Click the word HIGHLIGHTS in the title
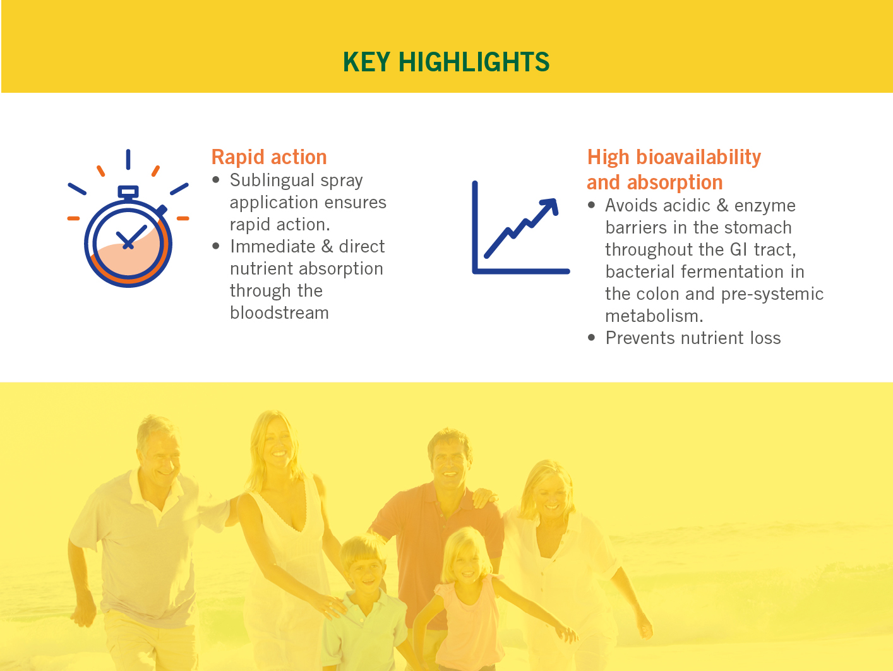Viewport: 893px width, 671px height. pos(474,62)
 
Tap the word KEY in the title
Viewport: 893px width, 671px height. pos(366,62)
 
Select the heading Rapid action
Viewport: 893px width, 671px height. pos(269,157)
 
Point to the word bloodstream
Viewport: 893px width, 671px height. pos(279,312)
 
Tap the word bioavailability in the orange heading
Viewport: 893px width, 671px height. pos(698,157)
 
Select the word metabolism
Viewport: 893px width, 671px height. pos(654,316)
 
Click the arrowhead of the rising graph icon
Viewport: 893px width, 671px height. pos(550,205)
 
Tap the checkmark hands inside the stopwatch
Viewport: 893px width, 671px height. pos(131,236)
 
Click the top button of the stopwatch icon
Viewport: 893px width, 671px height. pos(128,191)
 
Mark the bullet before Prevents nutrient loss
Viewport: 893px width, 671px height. pos(592,338)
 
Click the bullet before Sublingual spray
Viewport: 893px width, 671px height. pos(216,180)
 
